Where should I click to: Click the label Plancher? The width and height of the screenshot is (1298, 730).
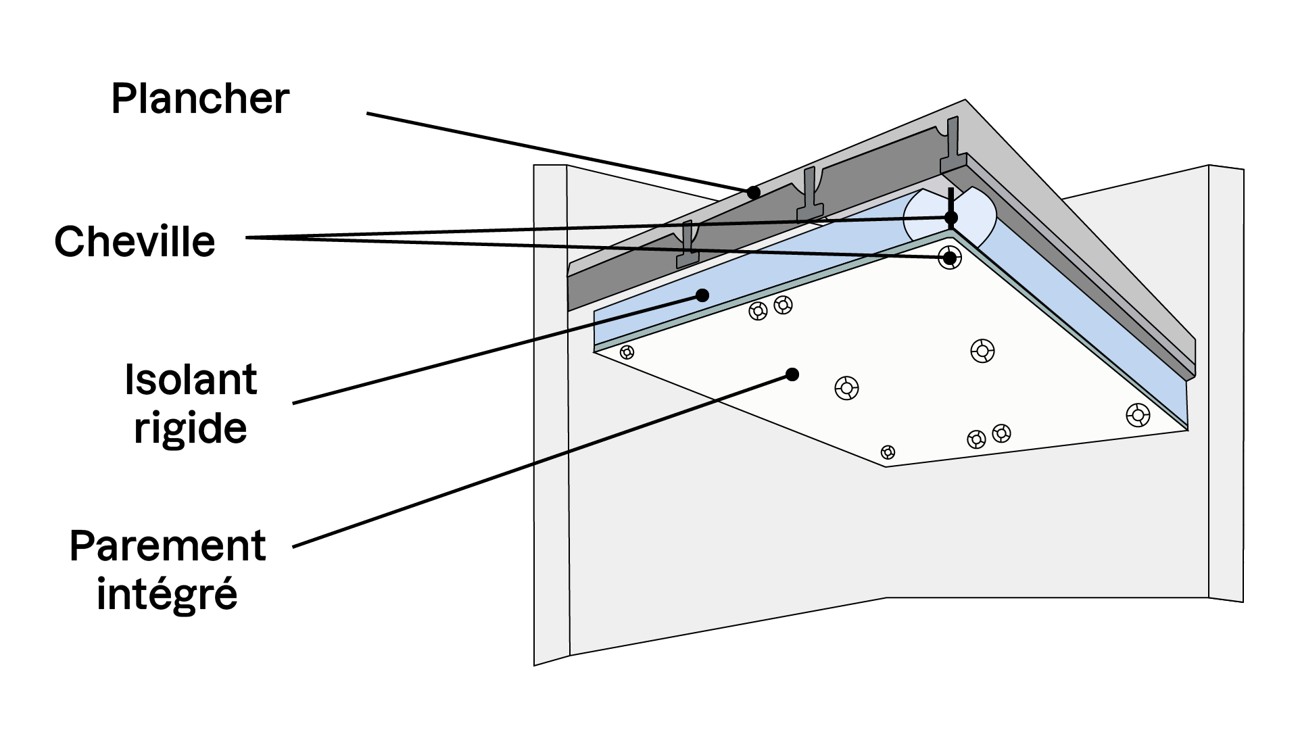pos(200,99)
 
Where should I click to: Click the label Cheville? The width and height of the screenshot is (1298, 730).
pos(135,241)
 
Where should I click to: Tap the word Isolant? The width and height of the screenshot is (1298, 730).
pos(191,380)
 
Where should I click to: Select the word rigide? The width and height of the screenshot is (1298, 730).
pos(191,428)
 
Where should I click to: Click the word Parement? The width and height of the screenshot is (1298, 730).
pos(168,546)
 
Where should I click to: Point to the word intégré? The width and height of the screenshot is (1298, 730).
pos(167,594)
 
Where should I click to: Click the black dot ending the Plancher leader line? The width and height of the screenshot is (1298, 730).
pos(754,193)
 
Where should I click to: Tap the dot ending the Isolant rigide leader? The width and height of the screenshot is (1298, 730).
pos(702,295)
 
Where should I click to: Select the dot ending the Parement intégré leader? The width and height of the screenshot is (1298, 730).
pos(792,374)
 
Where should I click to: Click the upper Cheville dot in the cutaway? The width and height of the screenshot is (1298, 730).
pos(951,218)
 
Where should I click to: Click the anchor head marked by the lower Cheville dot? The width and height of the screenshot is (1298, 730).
pos(950,258)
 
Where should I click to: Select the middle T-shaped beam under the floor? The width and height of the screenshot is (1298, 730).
pos(809,196)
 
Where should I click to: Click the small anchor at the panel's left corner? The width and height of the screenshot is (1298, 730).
pos(627,351)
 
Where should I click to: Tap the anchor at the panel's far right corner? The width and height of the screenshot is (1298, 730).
pos(1138,414)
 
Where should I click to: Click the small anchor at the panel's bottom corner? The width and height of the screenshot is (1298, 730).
pos(888,452)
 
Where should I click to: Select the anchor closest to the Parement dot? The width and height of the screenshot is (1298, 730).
pos(846,388)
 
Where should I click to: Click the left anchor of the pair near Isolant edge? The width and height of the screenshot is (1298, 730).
pos(759,311)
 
